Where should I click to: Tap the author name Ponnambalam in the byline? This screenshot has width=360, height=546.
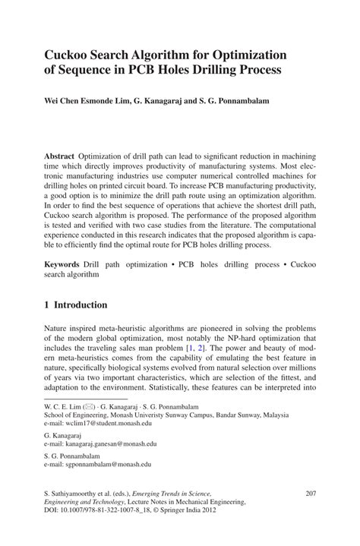point(226,99)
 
